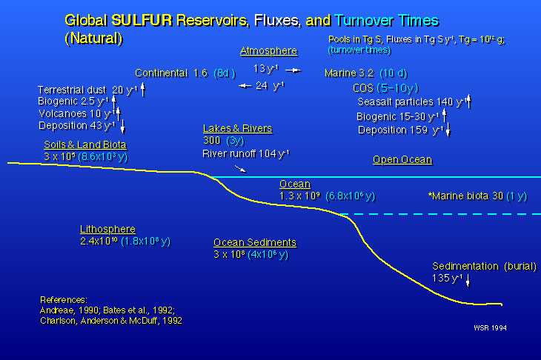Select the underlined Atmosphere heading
[x=268, y=51]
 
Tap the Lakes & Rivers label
[x=237, y=128]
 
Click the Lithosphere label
[x=108, y=229]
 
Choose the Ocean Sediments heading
[x=255, y=242]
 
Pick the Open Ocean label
[x=402, y=160]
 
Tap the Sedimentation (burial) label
[x=484, y=266]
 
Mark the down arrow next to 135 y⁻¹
[x=468, y=280]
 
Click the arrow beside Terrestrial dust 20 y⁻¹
[x=143, y=90]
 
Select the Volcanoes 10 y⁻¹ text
[x=75, y=114]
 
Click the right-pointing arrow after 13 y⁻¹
[x=293, y=70]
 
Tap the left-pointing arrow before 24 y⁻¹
[x=244, y=86]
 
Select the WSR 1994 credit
[x=491, y=326]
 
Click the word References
[x=63, y=299]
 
